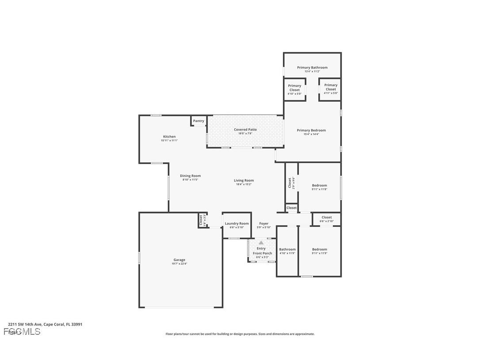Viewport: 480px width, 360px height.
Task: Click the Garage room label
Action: click(x=179, y=260)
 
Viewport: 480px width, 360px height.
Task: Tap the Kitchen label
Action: click(x=169, y=137)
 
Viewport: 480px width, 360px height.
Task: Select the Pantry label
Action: click(x=198, y=121)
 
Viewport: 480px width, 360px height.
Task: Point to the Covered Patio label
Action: click(x=245, y=130)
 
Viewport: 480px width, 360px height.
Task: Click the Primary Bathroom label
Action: click(x=312, y=68)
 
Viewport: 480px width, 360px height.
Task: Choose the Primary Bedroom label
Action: click(x=311, y=130)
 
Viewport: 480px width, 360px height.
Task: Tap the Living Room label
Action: click(x=244, y=180)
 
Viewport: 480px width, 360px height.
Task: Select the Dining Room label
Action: click(x=190, y=176)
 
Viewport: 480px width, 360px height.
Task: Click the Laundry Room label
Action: click(x=236, y=224)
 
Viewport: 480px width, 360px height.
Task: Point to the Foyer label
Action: click(x=264, y=224)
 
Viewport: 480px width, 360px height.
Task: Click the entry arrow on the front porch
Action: click(x=261, y=243)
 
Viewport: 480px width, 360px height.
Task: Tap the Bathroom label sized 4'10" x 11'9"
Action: click(x=287, y=249)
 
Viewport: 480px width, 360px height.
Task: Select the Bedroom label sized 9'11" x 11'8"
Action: click(x=320, y=185)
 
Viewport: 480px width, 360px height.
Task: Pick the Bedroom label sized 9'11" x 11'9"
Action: click(x=320, y=249)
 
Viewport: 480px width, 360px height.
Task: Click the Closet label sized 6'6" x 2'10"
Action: click(x=327, y=217)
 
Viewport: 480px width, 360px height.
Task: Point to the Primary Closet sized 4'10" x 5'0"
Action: click(x=294, y=88)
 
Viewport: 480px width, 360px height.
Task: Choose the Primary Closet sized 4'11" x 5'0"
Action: click(x=331, y=87)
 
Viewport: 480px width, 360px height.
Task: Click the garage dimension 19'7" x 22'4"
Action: click(x=179, y=264)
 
